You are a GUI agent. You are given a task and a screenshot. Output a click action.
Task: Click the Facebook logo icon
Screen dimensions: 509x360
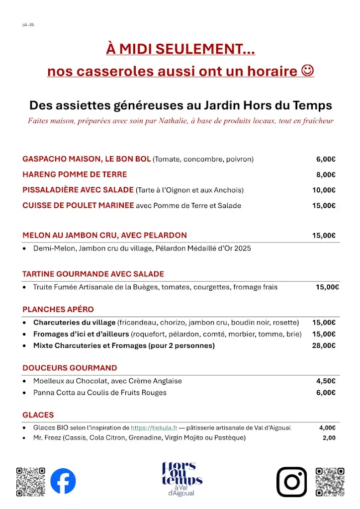point(63,481)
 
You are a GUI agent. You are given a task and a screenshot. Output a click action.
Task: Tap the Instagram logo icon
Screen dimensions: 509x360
point(291,482)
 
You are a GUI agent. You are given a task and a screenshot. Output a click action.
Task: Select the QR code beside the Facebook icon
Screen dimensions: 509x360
point(31,481)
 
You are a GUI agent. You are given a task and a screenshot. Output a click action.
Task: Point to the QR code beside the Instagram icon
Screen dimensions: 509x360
point(330,481)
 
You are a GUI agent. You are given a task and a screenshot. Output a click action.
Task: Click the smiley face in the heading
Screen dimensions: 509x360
point(308,71)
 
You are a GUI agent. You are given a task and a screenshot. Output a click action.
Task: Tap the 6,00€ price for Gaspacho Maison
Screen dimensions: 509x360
point(326,159)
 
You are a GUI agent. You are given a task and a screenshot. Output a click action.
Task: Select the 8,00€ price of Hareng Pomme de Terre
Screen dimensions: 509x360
point(326,174)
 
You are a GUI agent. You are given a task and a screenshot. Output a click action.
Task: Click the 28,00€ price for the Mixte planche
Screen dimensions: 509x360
point(324,345)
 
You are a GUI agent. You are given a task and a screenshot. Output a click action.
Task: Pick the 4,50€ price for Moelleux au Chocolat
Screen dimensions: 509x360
point(326,381)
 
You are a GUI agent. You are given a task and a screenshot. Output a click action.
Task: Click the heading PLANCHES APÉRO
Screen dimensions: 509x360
point(58,309)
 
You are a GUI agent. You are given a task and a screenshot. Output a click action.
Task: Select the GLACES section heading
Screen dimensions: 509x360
point(38,415)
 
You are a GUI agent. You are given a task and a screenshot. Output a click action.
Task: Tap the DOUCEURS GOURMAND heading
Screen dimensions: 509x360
point(70,368)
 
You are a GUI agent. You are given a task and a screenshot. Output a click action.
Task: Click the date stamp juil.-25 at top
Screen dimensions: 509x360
point(28,24)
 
